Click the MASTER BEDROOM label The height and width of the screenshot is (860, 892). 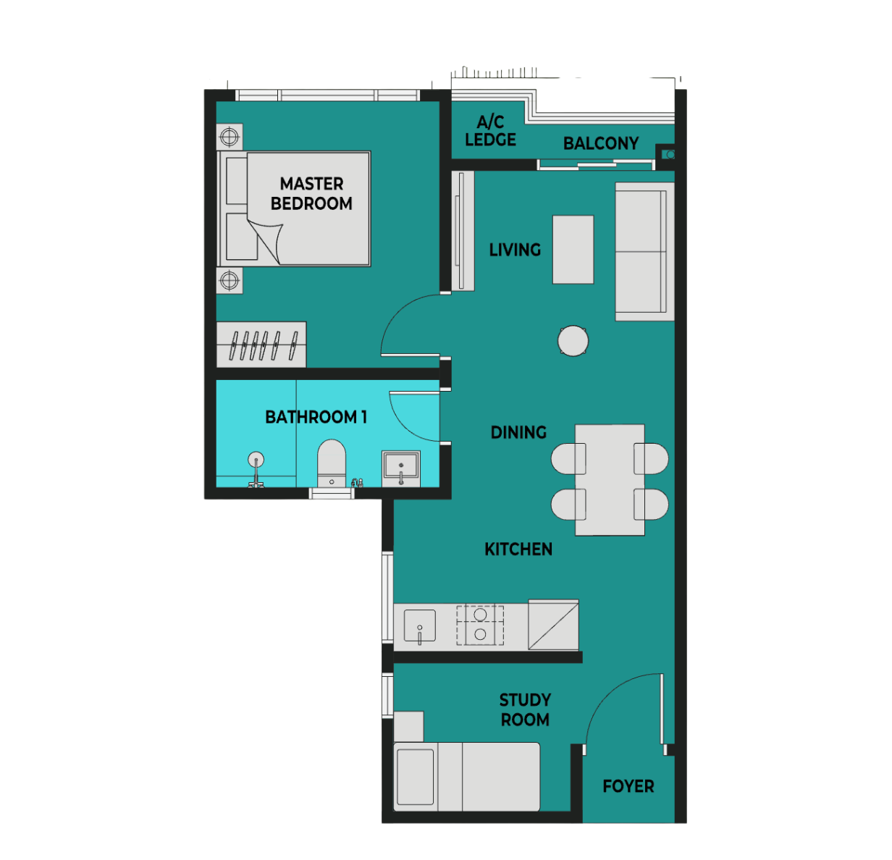(311, 193)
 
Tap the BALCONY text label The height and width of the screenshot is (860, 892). (600, 143)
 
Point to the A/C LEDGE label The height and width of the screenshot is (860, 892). (490, 131)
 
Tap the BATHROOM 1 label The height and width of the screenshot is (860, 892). (316, 417)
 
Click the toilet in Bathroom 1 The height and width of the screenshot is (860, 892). (332, 463)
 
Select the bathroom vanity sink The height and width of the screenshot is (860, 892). (401, 469)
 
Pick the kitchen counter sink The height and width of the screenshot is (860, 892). (419, 625)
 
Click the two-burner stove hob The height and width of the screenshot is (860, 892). (480, 625)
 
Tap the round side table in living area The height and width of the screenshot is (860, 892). (573, 341)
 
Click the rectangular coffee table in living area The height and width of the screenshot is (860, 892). (573, 249)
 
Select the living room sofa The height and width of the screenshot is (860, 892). (644, 252)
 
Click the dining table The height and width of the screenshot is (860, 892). (610, 479)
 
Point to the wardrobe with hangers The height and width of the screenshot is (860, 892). (261, 345)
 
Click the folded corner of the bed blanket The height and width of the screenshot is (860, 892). (266, 240)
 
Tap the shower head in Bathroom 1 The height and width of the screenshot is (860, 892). (256, 459)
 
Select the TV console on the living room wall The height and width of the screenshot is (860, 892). (463, 231)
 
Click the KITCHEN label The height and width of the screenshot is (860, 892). (518, 549)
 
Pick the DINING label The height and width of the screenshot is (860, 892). (518, 432)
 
